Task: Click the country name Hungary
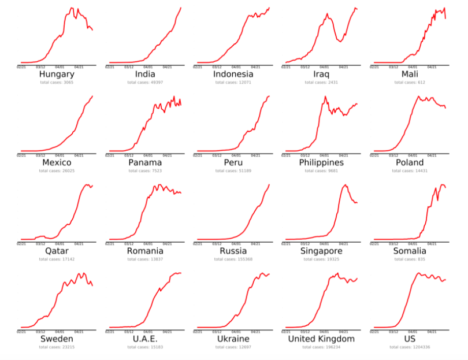point(57,75)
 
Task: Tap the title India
point(144,75)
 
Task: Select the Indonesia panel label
point(233,75)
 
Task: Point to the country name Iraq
point(321,75)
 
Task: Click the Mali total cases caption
point(410,83)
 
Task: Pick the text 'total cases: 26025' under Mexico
point(57,171)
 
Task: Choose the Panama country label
point(144,163)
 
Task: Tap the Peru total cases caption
point(233,171)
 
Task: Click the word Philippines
point(321,163)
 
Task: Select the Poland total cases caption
point(410,171)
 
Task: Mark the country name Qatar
point(57,251)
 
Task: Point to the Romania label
point(144,251)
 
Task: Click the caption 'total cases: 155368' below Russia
point(233,259)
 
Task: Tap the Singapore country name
point(321,251)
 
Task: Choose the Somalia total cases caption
point(410,259)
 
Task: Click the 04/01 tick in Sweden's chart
point(60,332)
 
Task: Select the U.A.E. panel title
point(144,339)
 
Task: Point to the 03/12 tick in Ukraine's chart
point(217,332)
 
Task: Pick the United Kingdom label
point(321,339)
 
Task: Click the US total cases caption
point(410,347)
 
